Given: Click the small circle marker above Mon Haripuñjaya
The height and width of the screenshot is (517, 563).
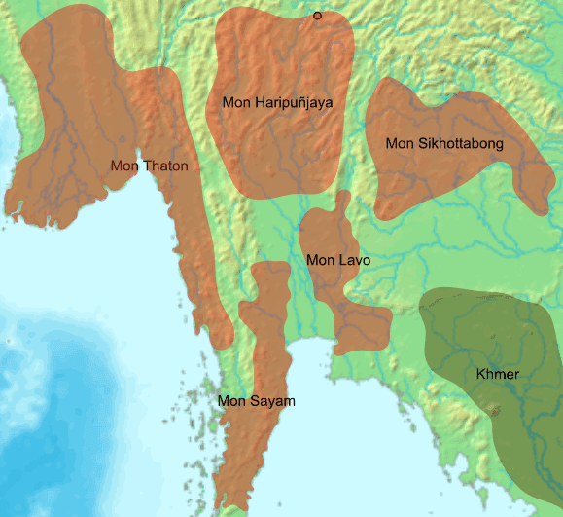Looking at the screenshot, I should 317,16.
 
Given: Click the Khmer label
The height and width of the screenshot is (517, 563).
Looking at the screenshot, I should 498,374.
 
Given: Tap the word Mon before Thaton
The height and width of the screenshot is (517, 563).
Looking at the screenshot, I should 124,166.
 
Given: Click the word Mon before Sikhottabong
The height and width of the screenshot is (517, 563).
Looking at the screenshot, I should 400,144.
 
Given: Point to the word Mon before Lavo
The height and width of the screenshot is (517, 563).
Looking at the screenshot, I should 320,260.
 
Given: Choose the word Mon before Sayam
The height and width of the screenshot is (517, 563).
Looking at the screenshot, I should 232,401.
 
